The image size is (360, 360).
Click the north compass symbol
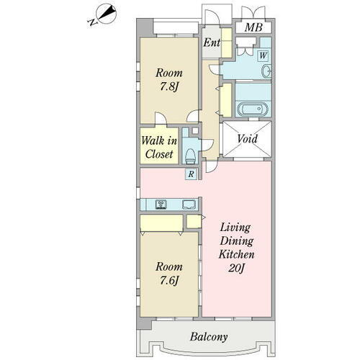(x=103, y=15)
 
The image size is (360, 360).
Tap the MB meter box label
(x=253, y=27)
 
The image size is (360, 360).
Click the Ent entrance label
(x=212, y=42)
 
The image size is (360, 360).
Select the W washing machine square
(x=263, y=55)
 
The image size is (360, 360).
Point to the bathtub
(x=253, y=109)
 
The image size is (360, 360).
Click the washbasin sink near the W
(x=266, y=71)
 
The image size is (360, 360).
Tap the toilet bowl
(x=190, y=156)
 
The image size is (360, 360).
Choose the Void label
(x=247, y=139)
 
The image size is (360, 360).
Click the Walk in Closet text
(x=159, y=147)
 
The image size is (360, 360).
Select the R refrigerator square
(x=191, y=174)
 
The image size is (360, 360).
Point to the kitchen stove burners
(x=161, y=204)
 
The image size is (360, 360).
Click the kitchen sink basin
(x=189, y=204)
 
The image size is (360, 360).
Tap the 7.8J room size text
(x=169, y=86)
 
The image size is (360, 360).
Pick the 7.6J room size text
(x=169, y=280)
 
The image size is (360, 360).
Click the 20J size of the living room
(x=236, y=268)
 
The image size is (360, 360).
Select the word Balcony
(x=209, y=337)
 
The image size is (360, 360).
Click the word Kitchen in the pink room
(x=236, y=254)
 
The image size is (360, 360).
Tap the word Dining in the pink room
(x=236, y=241)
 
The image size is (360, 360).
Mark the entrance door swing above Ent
(x=212, y=17)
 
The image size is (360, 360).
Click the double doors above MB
(x=253, y=12)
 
